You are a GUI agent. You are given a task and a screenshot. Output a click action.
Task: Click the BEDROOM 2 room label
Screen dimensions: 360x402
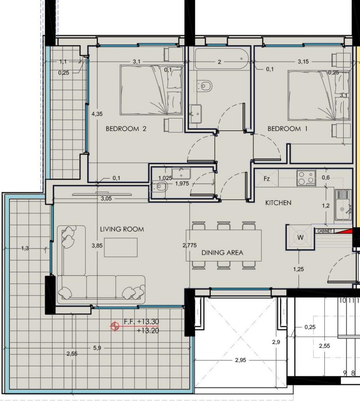pos(126,129)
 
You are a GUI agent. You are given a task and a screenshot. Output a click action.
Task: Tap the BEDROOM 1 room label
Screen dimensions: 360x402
pos(287,129)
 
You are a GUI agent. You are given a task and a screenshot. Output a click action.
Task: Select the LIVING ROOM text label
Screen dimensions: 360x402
pos(122,229)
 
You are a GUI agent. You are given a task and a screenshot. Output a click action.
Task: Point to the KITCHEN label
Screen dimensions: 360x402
pos(278,203)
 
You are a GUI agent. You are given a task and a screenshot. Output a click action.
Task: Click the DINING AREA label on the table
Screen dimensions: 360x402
pos(222,253)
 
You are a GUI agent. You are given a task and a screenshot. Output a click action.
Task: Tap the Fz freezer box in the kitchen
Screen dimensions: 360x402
pos(267,179)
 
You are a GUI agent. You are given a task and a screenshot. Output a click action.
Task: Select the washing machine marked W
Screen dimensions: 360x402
pos(300,237)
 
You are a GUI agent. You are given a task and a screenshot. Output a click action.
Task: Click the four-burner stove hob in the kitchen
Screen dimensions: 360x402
pos(307,178)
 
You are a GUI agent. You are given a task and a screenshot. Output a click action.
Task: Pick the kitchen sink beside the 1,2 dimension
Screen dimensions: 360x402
pos(343,205)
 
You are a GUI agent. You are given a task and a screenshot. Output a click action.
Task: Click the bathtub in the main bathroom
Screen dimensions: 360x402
pos(221,59)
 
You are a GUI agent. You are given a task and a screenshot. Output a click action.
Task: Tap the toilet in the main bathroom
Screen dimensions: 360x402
pos(205,86)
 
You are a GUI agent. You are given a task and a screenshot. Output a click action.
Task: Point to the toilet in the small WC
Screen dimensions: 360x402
pos(160,186)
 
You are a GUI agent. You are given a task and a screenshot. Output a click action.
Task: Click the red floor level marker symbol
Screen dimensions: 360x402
pos(115,326)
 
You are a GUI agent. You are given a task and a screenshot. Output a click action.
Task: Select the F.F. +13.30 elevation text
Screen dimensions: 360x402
pos(141,322)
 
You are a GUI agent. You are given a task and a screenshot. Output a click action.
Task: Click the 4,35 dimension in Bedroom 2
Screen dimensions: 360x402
pos(97,114)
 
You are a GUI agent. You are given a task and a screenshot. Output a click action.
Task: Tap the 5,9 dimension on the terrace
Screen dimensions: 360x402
pos(97,348)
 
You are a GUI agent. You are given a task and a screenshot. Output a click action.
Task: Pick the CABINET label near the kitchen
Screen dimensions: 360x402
pos(324,231)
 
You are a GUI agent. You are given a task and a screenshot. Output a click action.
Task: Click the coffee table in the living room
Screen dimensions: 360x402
pos(121,247)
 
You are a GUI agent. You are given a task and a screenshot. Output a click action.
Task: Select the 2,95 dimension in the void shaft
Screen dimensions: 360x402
pos(240,360)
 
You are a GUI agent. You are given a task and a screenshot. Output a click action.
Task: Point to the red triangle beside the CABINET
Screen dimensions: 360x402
pos(346,231)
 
